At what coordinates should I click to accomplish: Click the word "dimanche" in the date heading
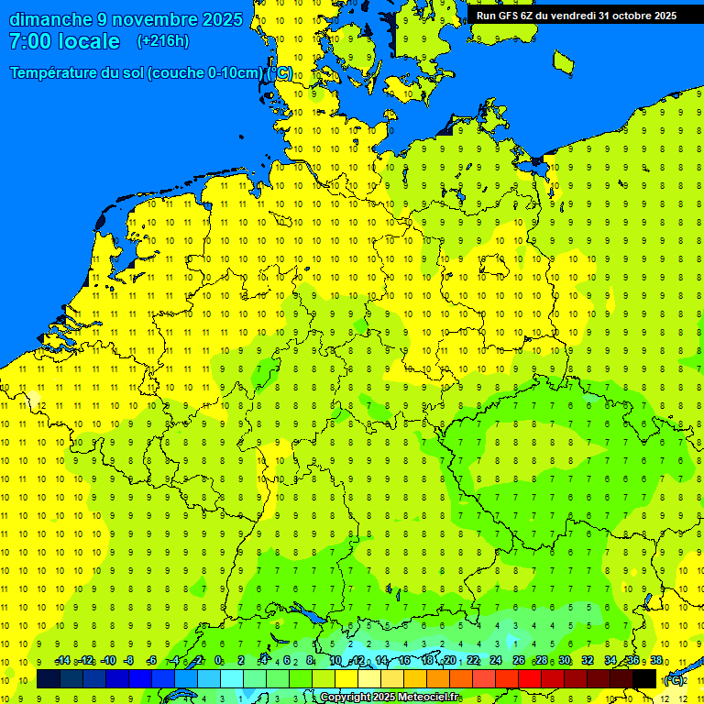50,19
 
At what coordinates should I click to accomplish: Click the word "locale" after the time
90,41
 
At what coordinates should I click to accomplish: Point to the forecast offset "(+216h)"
163,41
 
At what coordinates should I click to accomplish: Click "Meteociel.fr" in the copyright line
423,698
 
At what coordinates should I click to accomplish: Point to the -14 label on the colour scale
62,661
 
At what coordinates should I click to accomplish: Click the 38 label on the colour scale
656,661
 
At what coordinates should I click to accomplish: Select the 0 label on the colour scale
218,661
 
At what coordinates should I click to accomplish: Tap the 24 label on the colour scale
496,661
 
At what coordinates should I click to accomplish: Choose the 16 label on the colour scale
404,661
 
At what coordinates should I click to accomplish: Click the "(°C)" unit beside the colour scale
674,679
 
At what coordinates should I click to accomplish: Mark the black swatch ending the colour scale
644,679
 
